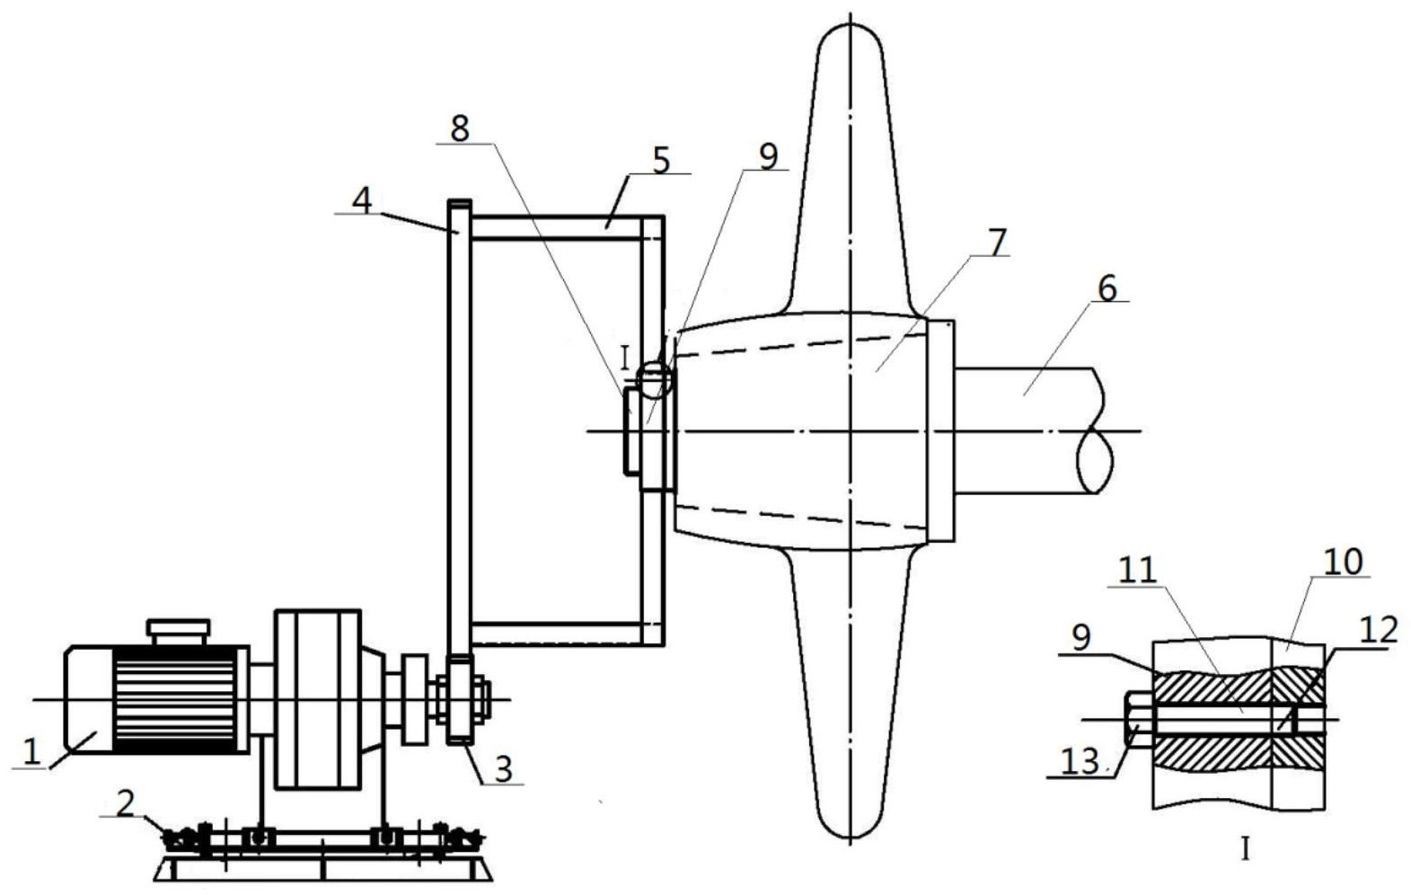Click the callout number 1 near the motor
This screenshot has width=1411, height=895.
click(x=31, y=752)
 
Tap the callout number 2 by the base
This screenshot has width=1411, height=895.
click(x=126, y=803)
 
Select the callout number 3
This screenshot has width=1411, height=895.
click(x=503, y=768)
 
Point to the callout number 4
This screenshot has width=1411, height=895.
click(x=362, y=199)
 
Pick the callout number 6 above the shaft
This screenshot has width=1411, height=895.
click(x=1107, y=288)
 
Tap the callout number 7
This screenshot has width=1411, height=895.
click(x=997, y=242)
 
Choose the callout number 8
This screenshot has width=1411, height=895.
click(x=460, y=128)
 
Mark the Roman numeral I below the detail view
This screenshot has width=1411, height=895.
click(x=1245, y=850)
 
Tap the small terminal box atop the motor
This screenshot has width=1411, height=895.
click(x=178, y=633)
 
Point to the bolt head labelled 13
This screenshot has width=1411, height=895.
click(x=1139, y=719)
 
